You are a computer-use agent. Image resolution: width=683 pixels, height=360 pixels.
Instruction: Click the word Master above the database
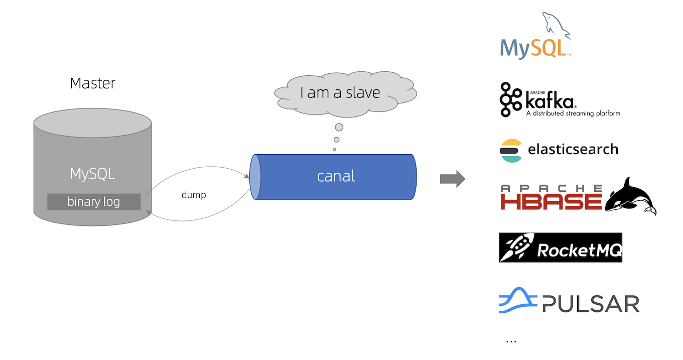point(92,83)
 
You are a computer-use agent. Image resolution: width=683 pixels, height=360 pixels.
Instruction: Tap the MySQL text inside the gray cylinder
point(92,174)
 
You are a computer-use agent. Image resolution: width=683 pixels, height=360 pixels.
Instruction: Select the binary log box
point(93,202)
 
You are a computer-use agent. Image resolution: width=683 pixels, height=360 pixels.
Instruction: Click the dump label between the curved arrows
point(193,195)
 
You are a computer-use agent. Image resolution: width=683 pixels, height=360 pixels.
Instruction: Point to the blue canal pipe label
point(336,176)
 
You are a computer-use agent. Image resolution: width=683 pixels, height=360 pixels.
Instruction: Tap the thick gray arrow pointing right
point(452,179)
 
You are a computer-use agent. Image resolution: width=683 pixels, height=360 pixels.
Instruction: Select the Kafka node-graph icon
point(510,100)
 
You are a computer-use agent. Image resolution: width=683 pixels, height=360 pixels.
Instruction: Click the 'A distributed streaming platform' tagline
point(573,113)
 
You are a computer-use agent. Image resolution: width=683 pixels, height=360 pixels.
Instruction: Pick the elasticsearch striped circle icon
point(511,150)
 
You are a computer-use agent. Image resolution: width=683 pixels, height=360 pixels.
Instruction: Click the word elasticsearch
point(573,149)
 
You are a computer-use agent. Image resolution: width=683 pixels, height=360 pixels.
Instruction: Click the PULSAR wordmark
point(591,304)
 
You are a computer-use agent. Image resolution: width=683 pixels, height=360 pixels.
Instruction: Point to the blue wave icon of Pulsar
point(517,301)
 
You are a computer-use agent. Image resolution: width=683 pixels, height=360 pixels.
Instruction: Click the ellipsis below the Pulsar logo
point(511,341)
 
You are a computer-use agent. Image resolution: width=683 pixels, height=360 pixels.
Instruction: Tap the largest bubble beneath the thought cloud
point(339,127)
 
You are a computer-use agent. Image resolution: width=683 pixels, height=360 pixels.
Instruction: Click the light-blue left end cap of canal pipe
point(255,177)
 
